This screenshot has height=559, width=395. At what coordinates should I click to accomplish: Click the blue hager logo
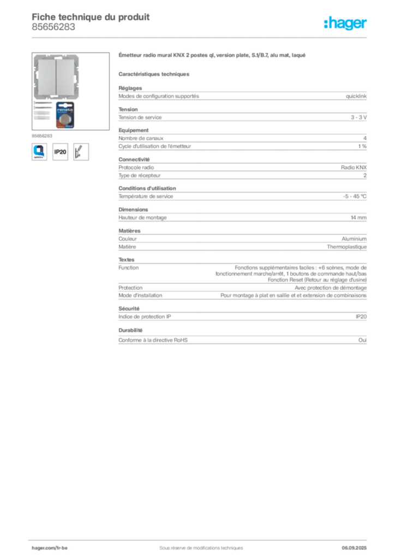coord(346,23)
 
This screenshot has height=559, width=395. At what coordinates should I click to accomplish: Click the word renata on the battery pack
coord(66,109)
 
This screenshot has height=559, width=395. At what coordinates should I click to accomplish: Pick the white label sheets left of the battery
coord(41,112)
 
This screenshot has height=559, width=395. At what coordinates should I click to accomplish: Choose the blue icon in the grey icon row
coord(39,151)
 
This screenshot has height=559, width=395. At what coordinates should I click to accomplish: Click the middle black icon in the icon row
coord(61,151)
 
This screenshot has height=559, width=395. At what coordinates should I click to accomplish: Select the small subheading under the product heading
coord(155,73)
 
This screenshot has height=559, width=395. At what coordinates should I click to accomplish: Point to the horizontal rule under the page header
coord(200,38)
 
